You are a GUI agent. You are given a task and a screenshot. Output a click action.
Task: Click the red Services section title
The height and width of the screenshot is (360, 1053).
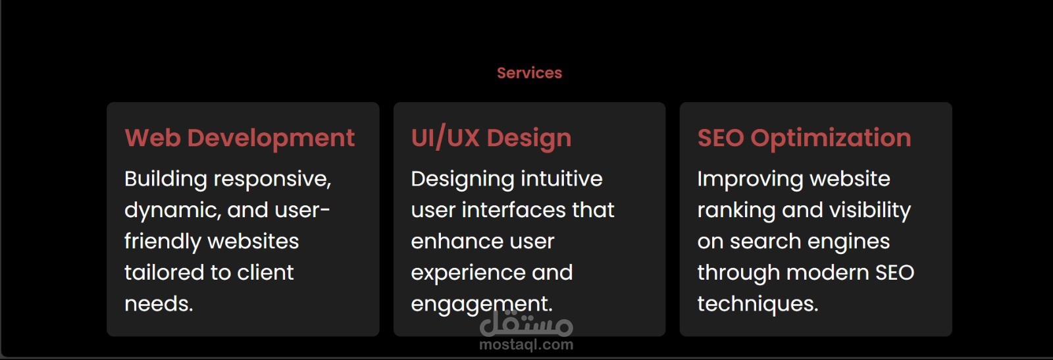coord(529,73)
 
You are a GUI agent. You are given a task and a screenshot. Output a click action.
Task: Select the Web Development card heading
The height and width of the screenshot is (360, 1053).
coord(240,138)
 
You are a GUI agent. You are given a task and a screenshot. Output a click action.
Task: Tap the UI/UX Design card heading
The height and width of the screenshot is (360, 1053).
coord(491,138)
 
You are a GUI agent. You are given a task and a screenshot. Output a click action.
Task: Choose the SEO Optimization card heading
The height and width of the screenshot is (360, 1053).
coord(804,138)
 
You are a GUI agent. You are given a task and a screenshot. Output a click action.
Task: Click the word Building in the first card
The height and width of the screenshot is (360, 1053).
coord(165,180)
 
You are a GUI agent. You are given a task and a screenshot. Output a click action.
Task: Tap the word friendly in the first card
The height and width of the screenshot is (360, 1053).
coord(163,242)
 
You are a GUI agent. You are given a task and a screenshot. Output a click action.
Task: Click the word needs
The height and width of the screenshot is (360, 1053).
coord(159,304)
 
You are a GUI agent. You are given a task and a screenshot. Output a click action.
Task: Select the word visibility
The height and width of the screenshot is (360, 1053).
coord(870,211)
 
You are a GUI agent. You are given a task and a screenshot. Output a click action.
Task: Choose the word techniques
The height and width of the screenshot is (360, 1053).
coord(758,304)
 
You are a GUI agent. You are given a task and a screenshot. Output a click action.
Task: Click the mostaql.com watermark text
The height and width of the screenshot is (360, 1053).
coord(526,345)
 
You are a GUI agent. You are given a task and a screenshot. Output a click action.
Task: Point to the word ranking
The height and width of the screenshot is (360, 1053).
coord(736,211)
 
